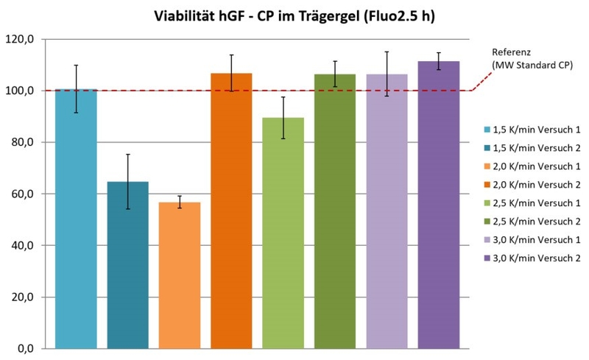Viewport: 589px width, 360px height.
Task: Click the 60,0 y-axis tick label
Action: pyautogui.click(x=22, y=194)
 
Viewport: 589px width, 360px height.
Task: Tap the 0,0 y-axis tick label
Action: pyautogui.click(x=24, y=349)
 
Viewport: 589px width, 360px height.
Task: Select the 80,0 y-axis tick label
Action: pyautogui.click(x=22, y=143)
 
